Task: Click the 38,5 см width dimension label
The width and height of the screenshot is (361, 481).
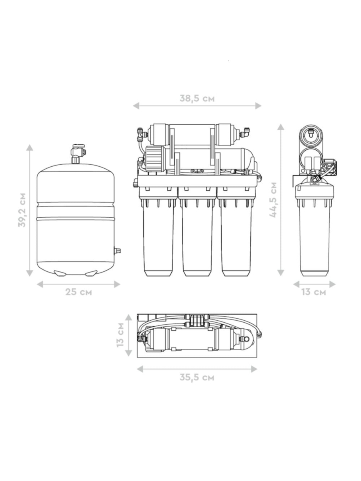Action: pos(197,98)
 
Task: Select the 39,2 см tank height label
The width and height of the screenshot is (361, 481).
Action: pos(22,210)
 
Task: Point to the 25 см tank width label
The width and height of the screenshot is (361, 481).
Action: pos(79,292)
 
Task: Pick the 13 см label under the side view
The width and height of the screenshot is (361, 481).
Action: pos(314,292)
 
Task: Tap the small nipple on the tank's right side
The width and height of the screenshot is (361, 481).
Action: pos(117,251)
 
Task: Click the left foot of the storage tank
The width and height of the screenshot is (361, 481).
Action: pos(60,273)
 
